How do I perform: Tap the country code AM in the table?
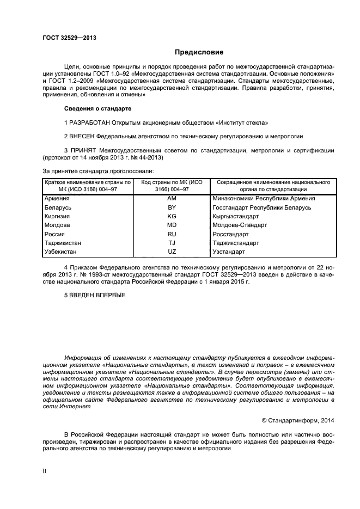pos(172,199)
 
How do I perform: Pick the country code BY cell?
pos(172,207)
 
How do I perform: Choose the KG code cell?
pos(172,216)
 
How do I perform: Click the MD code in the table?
pos(172,225)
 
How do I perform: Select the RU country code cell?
pos(172,234)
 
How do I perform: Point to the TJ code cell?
pos(172,243)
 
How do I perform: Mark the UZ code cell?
pos(172,252)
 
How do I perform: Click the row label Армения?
pos(57,199)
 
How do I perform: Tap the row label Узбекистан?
pos(61,252)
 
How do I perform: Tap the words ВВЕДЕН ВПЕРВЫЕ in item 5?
pos(97,295)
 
